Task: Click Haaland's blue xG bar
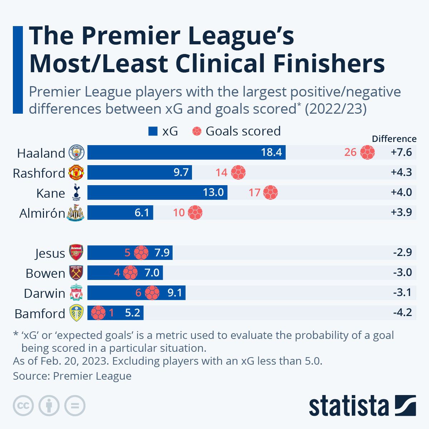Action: point(186,152)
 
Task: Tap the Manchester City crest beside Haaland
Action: point(76,153)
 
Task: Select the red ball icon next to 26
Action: point(368,152)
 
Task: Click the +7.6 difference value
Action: point(401,152)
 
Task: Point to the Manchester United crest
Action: point(76,173)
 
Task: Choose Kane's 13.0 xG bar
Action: point(157,192)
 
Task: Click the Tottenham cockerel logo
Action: point(76,192)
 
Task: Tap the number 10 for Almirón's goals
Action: point(179,213)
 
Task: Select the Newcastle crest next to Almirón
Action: point(76,213)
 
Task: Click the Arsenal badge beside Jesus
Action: point(77,253)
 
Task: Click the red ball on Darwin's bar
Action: point(152,293)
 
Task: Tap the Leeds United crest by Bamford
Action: point(77,313)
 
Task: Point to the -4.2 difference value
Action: point(403,313)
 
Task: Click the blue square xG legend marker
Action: point(153,132)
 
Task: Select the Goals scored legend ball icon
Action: point(197,132)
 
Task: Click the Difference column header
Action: point(394,139)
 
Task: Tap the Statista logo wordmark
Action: point(349,406)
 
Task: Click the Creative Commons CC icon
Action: point(23,406)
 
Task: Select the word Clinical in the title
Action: point(221,63)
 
